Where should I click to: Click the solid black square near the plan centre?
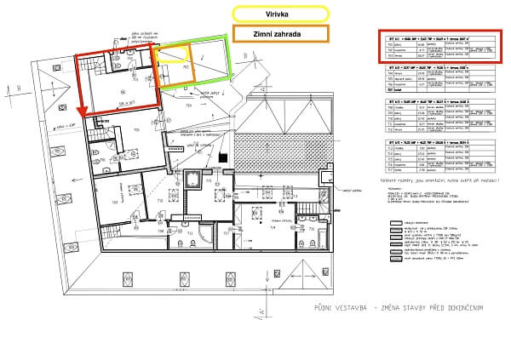click(222, 157)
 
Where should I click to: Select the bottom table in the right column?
click(437, 151)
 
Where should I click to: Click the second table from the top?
click(437, 80)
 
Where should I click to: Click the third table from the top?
click(437, 113)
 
